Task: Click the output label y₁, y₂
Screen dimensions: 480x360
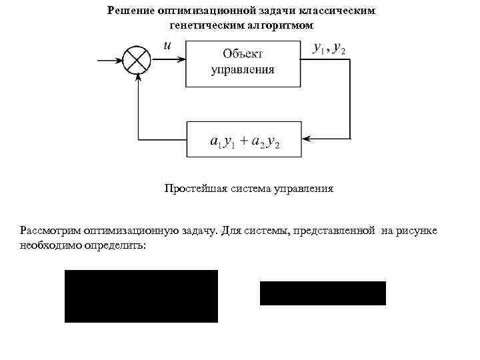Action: point(329,48)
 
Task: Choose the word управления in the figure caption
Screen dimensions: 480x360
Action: point(302,189)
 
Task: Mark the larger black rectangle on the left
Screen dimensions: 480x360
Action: point(141,296)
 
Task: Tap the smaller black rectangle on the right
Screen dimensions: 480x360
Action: point(323,293)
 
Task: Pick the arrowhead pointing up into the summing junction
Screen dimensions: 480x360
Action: point(137,77)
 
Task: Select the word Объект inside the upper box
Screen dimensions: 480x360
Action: point(243,53)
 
